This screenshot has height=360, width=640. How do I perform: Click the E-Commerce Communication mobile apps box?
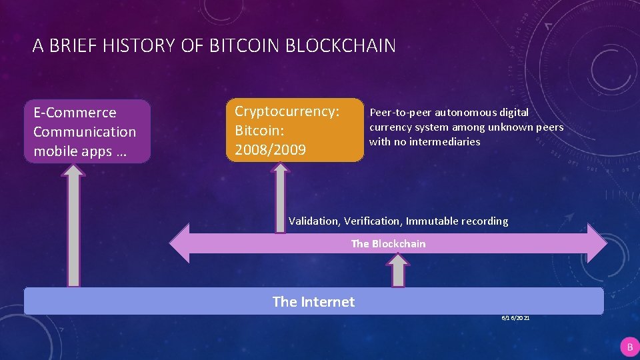(x=87, y=131)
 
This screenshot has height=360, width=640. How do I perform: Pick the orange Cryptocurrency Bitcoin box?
(x=295, y=130)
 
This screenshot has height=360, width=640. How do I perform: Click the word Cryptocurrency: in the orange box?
(x=287, y=111)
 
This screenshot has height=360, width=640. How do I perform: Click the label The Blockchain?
(x=388, y=244)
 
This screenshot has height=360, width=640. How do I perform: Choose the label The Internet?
(x=313, y=302)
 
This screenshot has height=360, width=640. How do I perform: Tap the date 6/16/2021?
(x=516, y=319)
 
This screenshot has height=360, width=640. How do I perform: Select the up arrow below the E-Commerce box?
(x=74, y=227)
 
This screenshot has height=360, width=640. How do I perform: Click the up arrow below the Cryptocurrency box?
(x=281, y=197)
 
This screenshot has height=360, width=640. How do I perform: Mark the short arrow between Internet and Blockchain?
(x=398, y=271)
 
